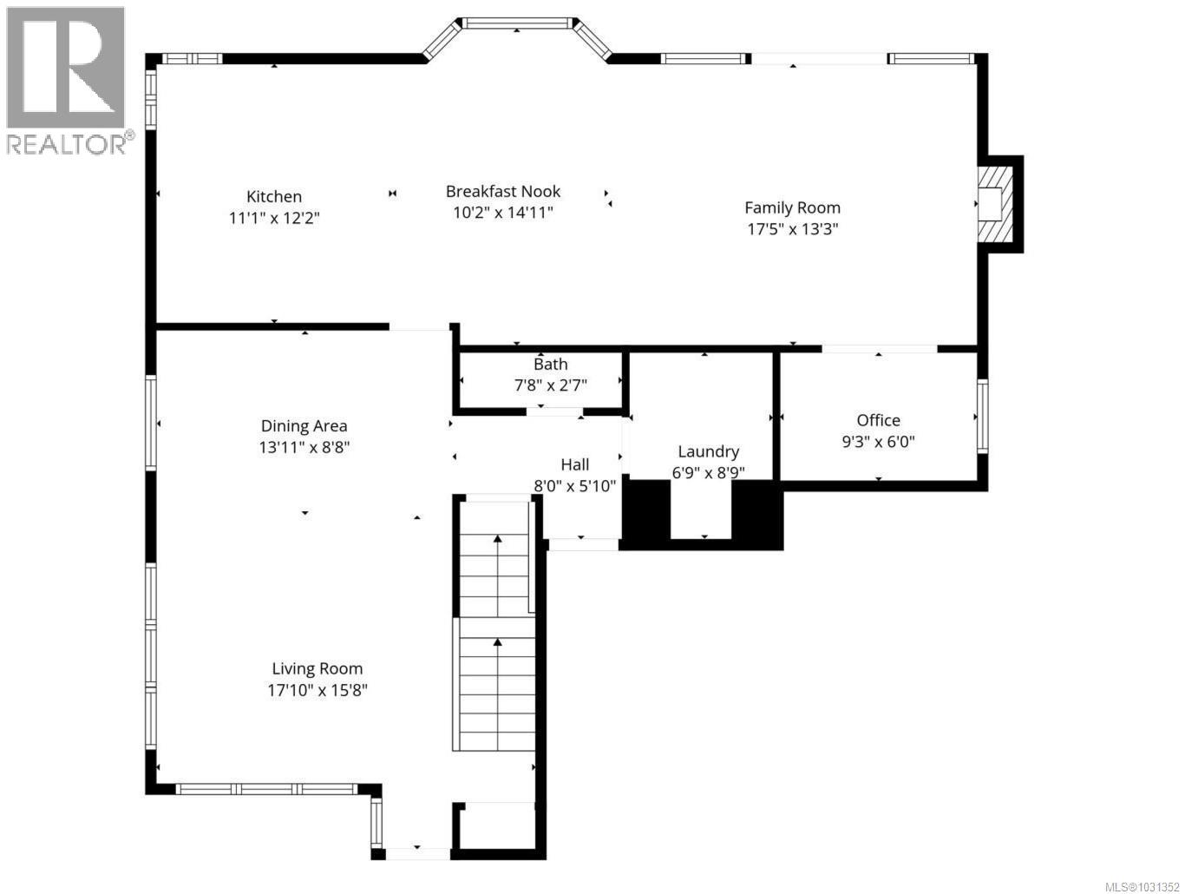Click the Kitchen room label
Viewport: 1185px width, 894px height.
(274, 197)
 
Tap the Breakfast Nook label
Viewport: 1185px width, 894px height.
(503, 191)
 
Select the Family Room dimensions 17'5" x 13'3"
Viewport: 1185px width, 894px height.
(792, 229)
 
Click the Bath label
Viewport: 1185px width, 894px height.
(551, 365)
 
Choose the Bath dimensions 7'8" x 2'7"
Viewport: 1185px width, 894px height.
(551, 385)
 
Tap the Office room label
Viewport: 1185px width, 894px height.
(878, 420)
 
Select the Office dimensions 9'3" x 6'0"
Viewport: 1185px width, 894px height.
(878, 442)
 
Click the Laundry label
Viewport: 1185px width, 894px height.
(708, 451)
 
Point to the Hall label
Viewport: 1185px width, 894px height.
(574, 464)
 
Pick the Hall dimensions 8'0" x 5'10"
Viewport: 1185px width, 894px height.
(574, 486)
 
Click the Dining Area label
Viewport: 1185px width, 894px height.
(304, 426)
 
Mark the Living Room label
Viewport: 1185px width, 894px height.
(318, 669)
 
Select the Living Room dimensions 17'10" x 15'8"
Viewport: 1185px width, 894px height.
(318, 691)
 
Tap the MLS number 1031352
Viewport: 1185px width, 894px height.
(1142, 886)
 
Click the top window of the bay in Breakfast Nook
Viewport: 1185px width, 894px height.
(517, 23)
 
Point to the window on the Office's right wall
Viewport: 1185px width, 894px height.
(982, 416)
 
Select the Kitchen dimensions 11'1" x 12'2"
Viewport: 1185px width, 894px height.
(274, 219)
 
